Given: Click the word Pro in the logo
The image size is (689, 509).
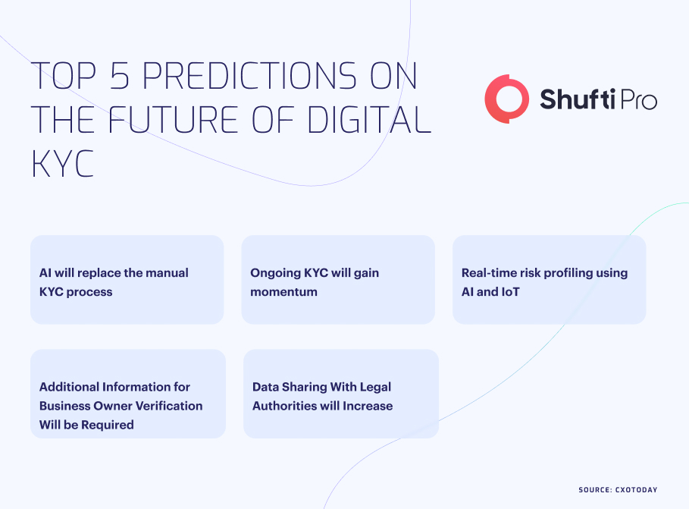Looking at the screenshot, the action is click(x=638, y=99).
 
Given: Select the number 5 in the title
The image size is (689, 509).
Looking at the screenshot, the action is click(x=120, y=76).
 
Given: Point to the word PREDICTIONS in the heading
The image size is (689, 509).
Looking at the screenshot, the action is click(x=249, y=76).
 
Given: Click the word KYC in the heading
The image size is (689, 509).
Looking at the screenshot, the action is click(x=62, y=164).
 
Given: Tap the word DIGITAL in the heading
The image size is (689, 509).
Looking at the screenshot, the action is click(x=368, y=119).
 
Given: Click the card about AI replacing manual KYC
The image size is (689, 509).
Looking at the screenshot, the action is click(x=127, y=280).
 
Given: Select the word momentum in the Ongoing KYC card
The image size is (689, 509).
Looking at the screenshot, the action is click(x=283, y=292).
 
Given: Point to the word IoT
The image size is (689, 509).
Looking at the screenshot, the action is click(x=510, y=292).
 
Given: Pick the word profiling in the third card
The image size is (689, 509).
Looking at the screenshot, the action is click(x=568, y=273).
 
